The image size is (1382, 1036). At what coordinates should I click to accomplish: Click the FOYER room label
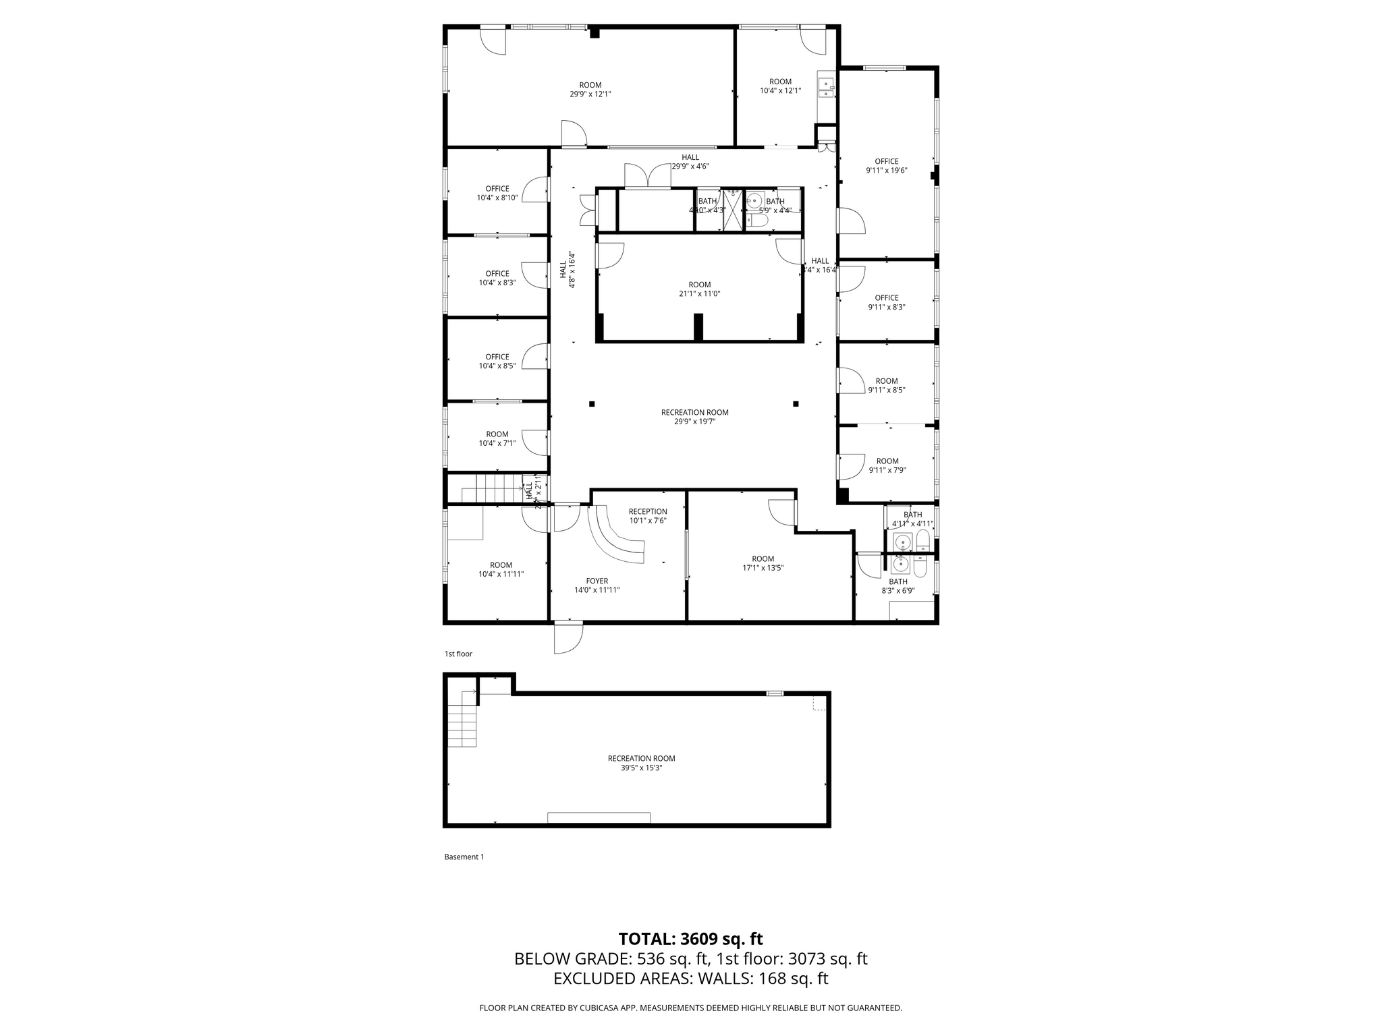tap(597, 581)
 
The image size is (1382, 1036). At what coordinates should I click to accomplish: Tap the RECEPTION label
tap(648, 511)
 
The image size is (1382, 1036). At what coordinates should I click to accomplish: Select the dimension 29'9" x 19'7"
tap(694, 422)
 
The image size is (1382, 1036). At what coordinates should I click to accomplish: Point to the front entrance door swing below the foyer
tap(568, 637)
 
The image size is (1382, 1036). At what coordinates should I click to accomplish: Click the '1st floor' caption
tap(458, 654)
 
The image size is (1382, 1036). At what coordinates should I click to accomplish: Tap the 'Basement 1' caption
tap(464, 857)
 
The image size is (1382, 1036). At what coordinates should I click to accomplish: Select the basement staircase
tap(463, 720)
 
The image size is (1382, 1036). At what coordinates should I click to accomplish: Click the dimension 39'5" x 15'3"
tap(641, 768)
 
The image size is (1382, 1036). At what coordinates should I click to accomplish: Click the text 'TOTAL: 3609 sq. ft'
tap(690, 939)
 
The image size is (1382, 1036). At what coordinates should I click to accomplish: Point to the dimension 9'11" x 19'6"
tap(886, 171)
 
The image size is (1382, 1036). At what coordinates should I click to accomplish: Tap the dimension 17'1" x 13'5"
tap(763, 568)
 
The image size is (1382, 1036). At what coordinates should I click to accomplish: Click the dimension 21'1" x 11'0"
tap(699, 294)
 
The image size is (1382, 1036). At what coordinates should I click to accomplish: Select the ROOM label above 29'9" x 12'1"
tap(590, 85)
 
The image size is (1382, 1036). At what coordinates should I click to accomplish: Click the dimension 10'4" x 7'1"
tap(497, 443)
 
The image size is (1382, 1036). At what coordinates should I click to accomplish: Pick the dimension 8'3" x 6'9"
tap(897, 591)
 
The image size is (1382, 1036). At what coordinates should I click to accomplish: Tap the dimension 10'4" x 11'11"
tap(501, 574)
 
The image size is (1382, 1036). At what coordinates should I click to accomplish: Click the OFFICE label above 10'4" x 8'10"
tap(497, 189)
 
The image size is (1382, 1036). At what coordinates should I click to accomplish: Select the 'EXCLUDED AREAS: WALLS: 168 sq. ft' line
tap(690, 979)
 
